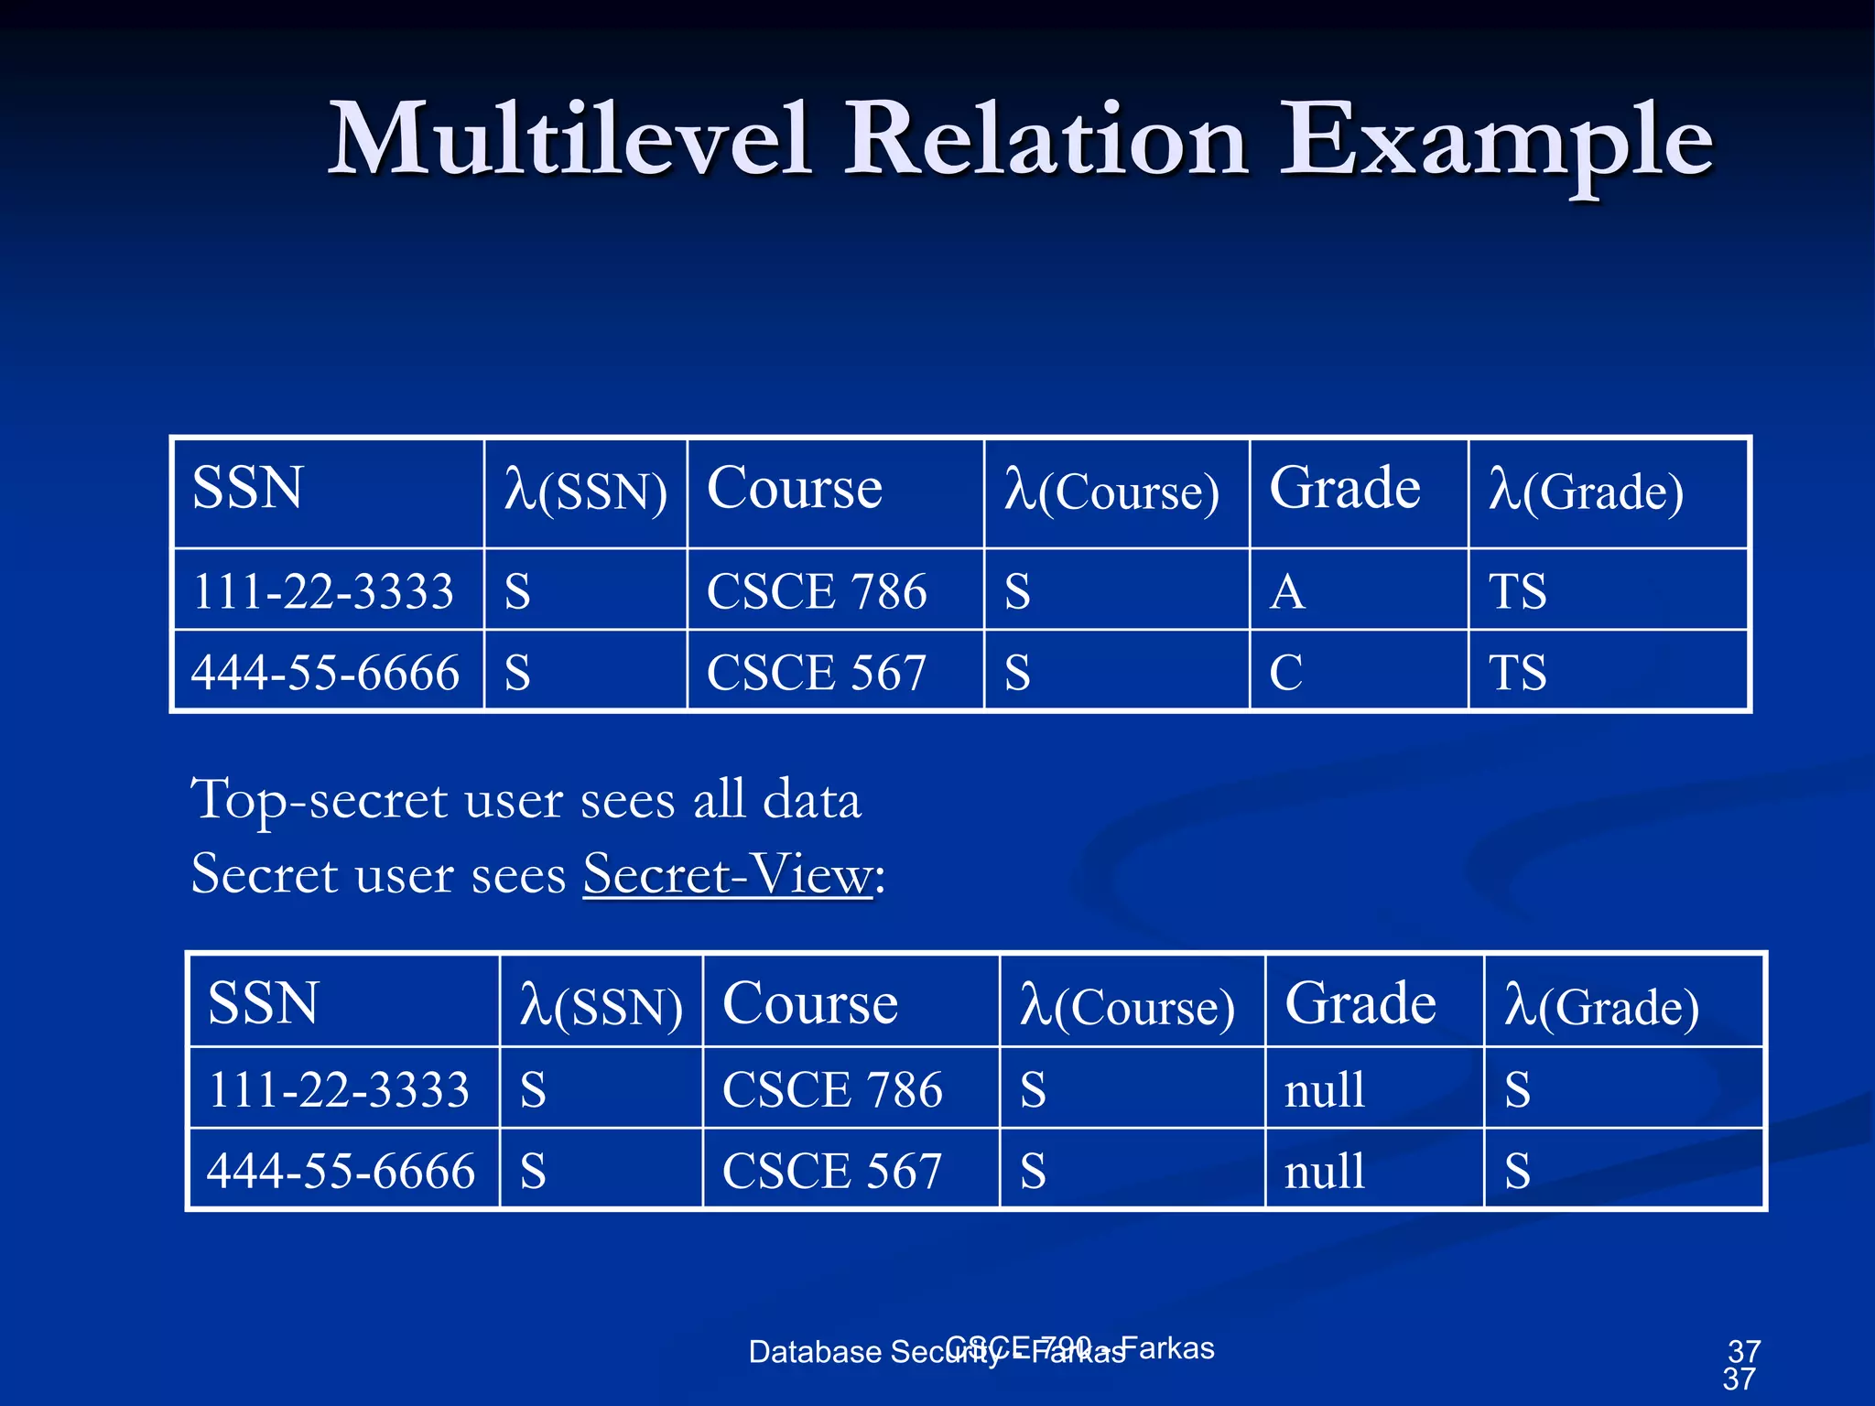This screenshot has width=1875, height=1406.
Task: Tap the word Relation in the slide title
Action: (1045, 139)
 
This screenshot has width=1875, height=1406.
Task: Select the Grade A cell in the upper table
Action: (1286, 590)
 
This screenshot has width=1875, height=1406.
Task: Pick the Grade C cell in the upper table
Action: (1285, 672)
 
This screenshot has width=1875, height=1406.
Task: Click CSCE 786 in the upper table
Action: (816, 590)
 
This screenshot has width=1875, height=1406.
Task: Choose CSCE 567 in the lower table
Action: (831, 1171)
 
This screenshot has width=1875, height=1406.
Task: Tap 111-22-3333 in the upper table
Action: (322, 590)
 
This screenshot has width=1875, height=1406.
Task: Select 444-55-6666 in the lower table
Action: (341, 1171)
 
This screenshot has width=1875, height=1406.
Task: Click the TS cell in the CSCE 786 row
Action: (1517, 590)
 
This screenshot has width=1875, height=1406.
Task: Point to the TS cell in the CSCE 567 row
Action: (1517, 672)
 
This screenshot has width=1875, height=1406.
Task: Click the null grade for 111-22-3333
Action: (1324, 1089)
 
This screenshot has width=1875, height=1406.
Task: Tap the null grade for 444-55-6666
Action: (1324, 1171)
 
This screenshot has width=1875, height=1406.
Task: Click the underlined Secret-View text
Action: (728, 873)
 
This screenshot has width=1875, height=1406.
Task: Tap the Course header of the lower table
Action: (810, 1002)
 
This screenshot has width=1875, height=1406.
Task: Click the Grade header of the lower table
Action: (1360, 1002)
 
